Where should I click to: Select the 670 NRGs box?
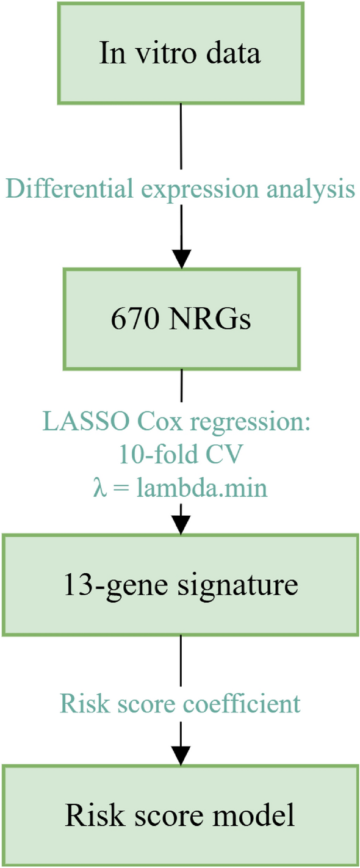click(x=181, y=319)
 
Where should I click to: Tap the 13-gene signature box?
click(x=181, y=585)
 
